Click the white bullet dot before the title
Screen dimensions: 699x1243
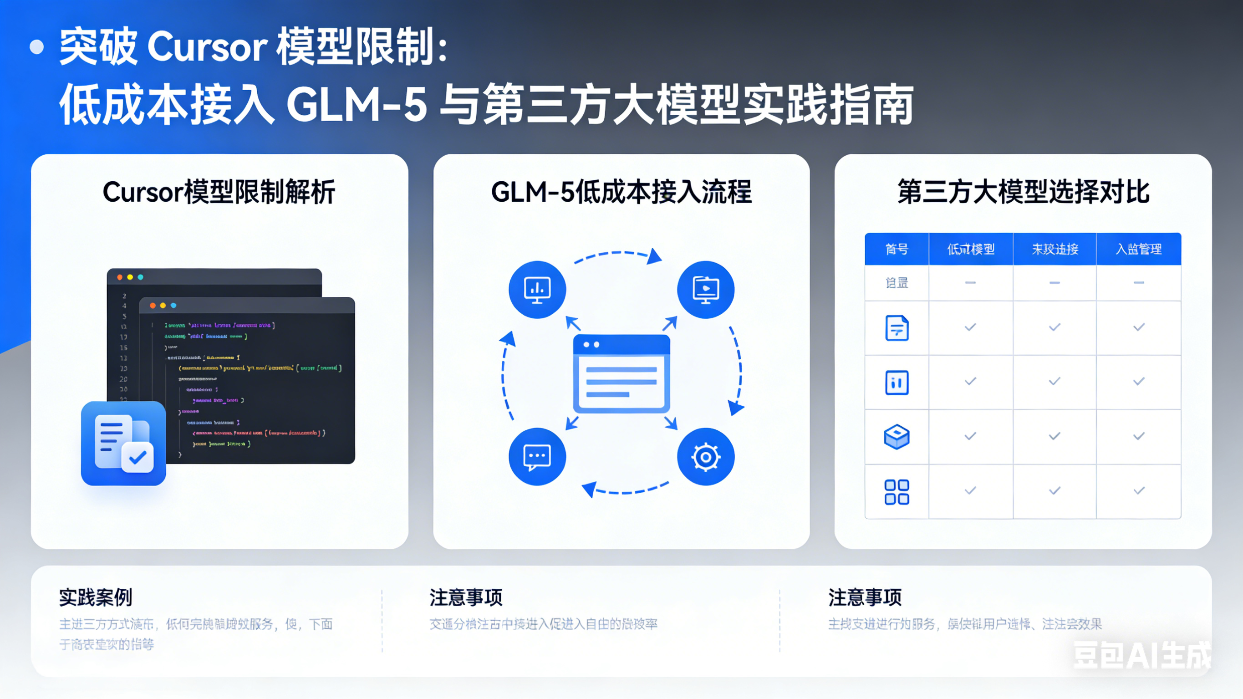point(37,47)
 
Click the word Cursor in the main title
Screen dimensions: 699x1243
point(207,47)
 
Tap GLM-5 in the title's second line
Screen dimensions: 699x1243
point(357,104)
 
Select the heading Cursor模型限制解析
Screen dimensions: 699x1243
point(219,192)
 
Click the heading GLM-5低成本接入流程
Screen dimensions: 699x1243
point(621,192)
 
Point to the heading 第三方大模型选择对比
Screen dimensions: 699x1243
point(1023,192)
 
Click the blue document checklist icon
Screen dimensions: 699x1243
point(123,443)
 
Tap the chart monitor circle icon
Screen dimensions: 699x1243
point(537,290)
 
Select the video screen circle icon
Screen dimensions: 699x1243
point(705,290)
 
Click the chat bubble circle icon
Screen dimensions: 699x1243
point(537,456)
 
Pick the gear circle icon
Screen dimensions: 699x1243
point(705,456)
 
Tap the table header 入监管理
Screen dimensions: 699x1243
point(1138,249)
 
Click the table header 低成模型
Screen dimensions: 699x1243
point(970,249)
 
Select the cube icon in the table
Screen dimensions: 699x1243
point(897,436)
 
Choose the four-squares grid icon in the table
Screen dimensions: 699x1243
point(897,492)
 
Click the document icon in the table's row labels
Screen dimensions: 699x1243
point(897,328)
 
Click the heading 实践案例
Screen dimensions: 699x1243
point(96,597)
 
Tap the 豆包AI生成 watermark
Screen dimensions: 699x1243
point(1141,655)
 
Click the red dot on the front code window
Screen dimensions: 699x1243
point(153,306)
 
